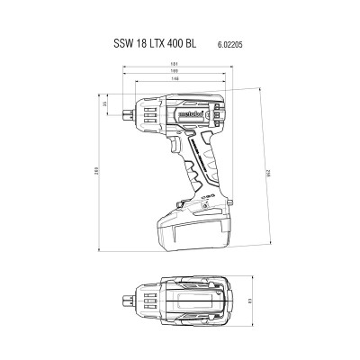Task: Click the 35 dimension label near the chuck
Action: tap(105, 105)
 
